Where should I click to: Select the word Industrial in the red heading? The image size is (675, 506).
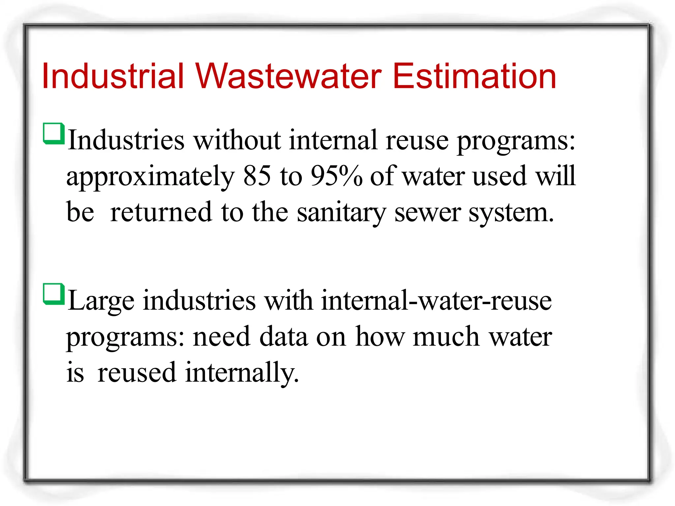point(112,76)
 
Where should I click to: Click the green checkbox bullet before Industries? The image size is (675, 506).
point(53,133)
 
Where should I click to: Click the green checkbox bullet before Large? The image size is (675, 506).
point(53,294)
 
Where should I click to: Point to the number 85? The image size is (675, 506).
point(257,176)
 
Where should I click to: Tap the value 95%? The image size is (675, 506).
point(336,176)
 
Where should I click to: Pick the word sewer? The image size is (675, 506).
point(427,213)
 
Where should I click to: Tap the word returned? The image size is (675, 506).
point(161,212)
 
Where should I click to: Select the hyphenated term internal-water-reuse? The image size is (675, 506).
point(436,300)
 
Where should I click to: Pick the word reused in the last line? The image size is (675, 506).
point(137,373)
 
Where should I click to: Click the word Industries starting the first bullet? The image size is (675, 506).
point(126,140)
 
